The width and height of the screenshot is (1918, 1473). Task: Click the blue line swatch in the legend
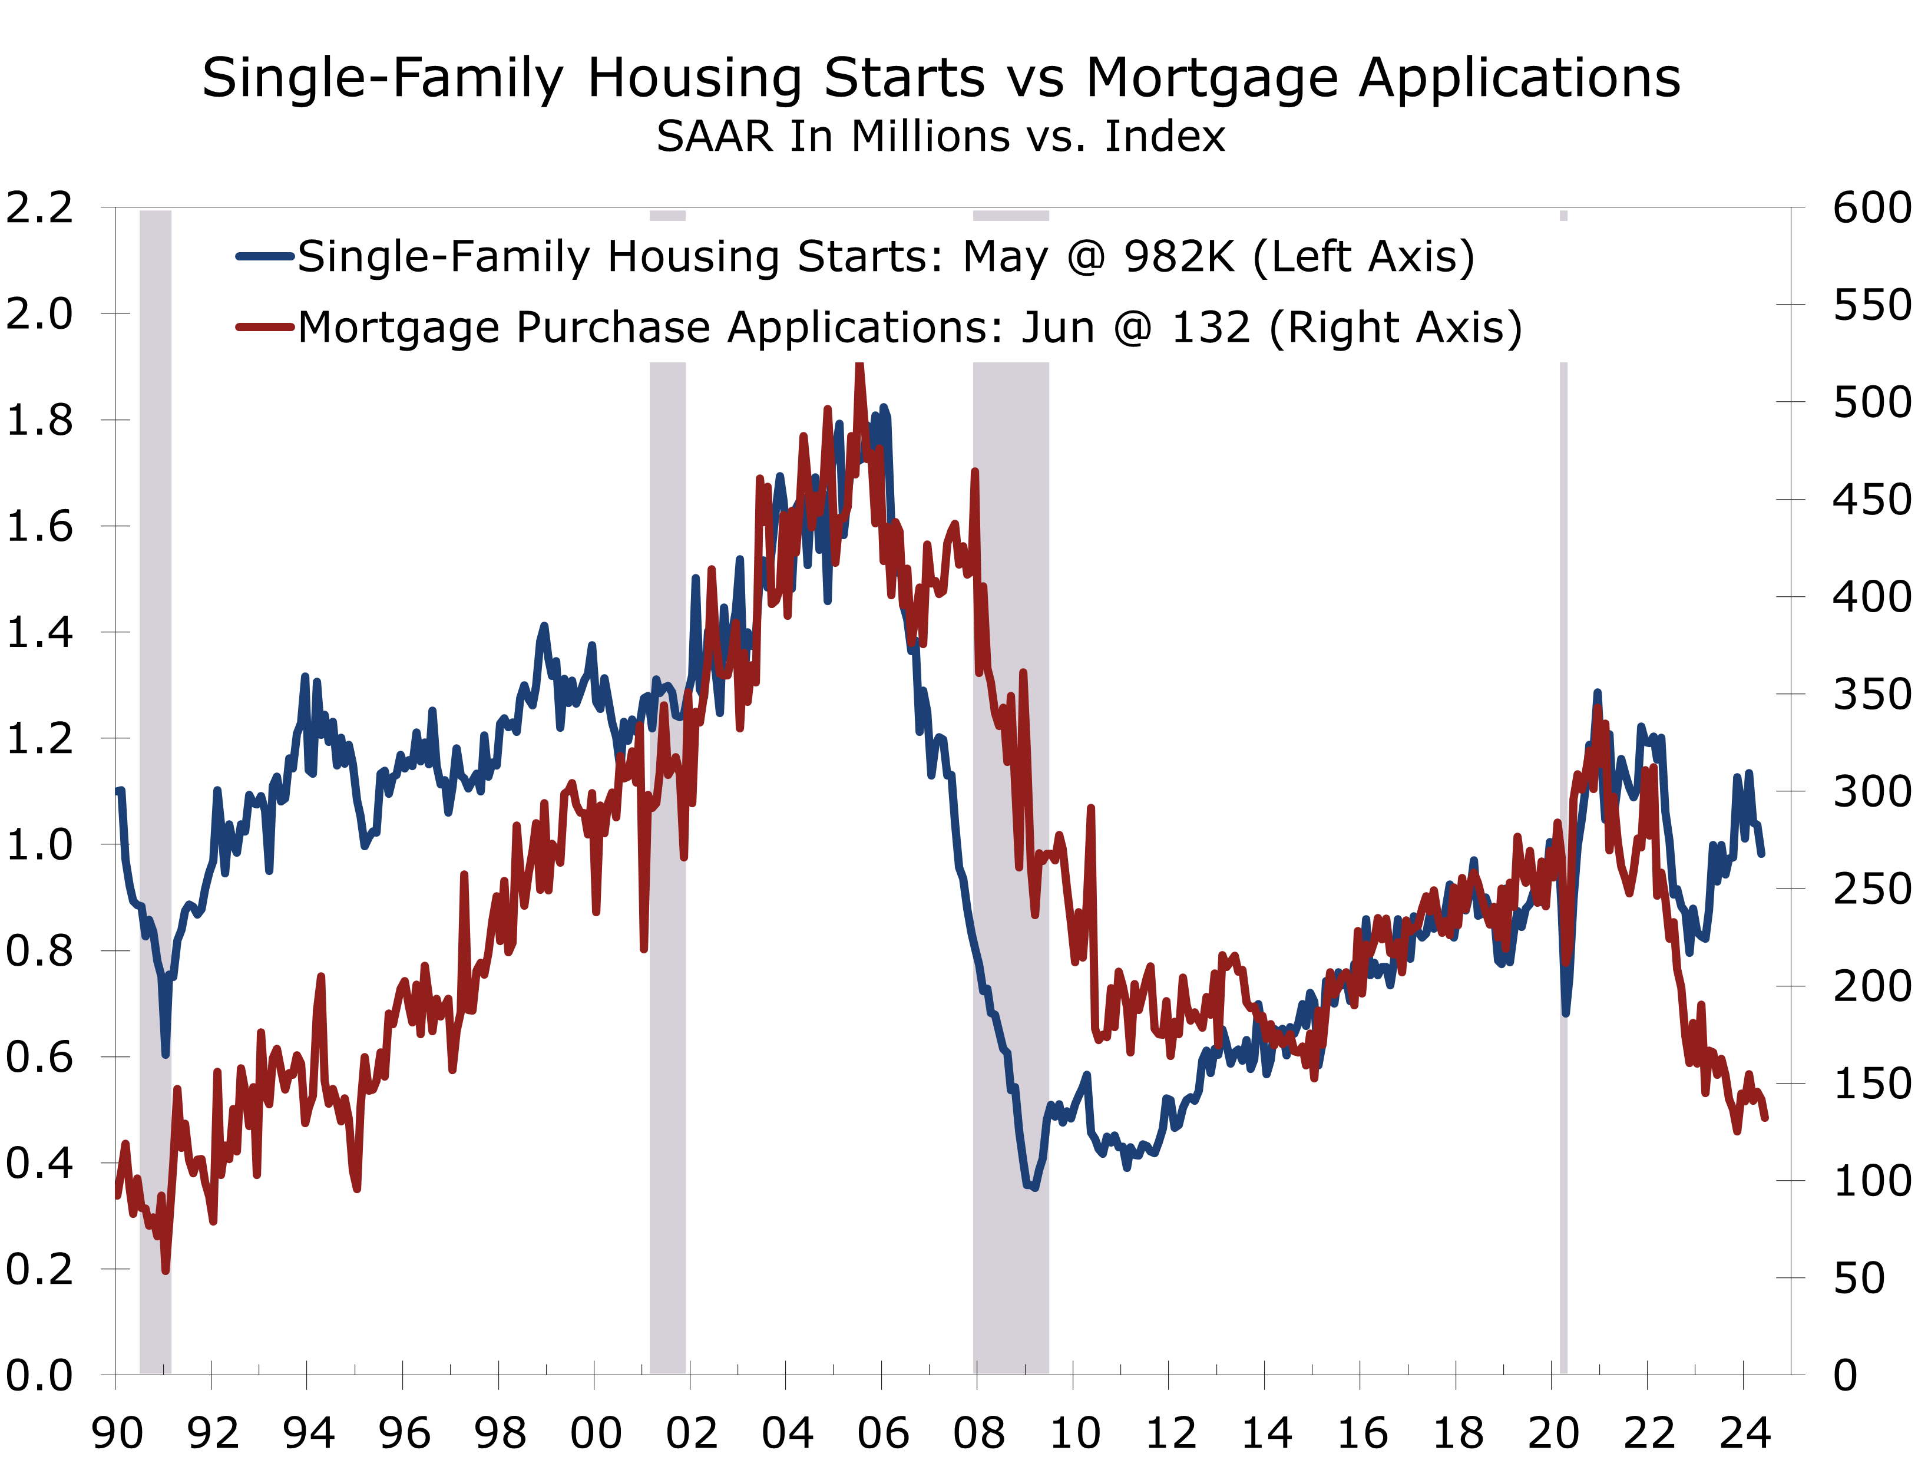pos(264,257)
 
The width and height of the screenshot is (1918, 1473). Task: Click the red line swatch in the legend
pos(264,327)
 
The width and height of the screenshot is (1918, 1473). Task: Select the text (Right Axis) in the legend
pos(1395,329)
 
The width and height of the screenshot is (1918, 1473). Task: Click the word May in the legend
pos(1006,259)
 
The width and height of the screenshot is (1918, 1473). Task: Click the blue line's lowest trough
pos(1034,1188)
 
